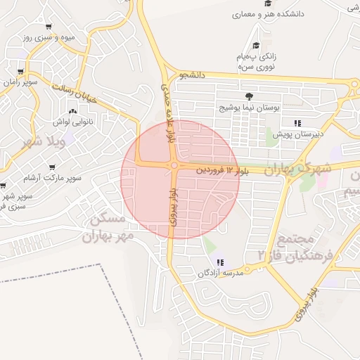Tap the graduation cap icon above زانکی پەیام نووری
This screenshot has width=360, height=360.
255,46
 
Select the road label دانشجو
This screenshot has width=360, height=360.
192,75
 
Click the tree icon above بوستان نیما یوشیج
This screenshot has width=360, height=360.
248,96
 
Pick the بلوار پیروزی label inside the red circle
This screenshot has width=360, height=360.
174,207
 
